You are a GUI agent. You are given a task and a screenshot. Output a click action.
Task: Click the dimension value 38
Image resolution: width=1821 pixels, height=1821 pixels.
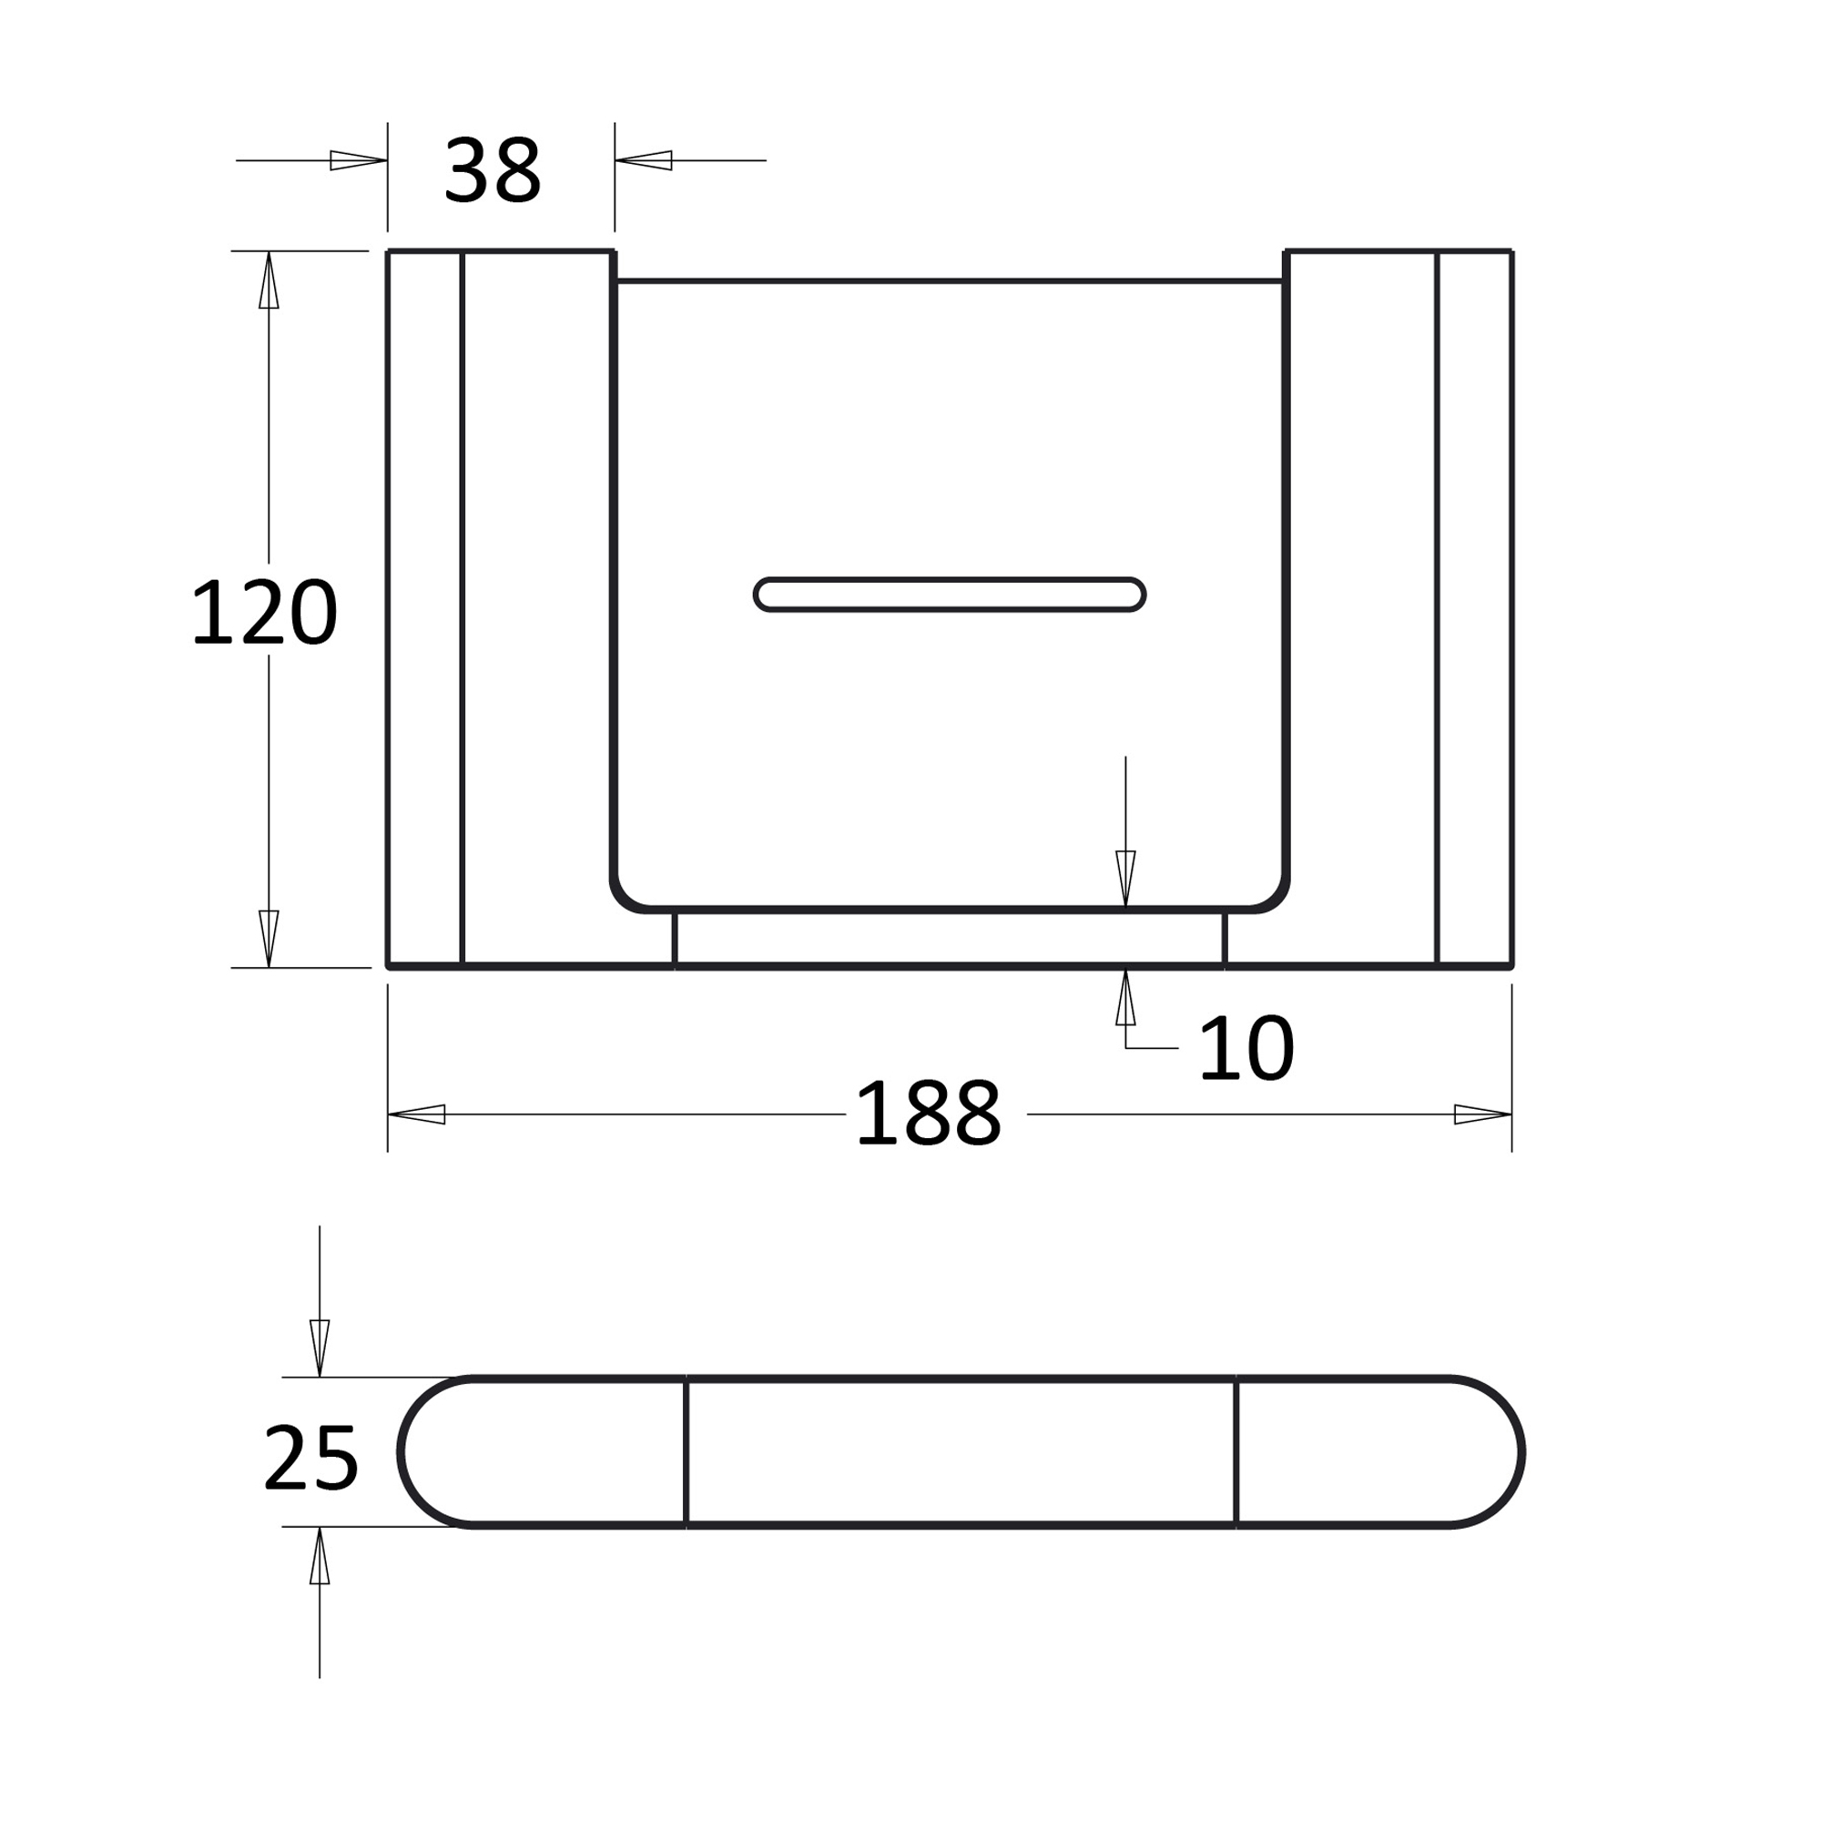(x=492, y=169)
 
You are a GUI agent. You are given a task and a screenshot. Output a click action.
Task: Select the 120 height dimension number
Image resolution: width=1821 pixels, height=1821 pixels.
(x=264, y=612)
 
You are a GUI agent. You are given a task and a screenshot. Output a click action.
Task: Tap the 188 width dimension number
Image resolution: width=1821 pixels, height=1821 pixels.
(x=929, y=1113)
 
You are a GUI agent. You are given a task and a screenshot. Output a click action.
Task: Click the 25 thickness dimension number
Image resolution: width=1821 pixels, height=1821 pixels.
(x=311, y=1457)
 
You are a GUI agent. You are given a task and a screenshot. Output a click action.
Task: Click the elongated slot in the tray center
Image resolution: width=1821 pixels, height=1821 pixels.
(x=949, y=595)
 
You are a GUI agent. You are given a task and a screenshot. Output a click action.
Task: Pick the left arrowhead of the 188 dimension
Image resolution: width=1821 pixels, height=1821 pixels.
(x=416, y=1114)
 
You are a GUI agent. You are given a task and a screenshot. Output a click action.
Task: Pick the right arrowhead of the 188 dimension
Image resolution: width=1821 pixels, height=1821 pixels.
(x=1483, y=1114)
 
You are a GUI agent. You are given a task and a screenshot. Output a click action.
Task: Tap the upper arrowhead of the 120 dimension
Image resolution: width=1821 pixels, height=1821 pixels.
(x=269, y=280)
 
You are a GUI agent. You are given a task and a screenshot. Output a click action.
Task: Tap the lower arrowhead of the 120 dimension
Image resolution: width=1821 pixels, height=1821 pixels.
(x=269, y=939)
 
